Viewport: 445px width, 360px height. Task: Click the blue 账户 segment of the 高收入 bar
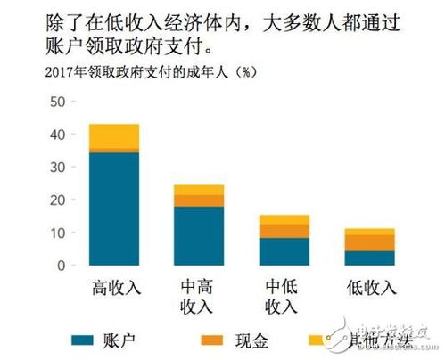coord(114,209)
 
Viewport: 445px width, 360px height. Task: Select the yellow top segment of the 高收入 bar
coord(114,135)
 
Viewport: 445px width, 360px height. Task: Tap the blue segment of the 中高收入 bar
coord(199,235)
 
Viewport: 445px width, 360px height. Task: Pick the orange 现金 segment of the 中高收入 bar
coord(199,200)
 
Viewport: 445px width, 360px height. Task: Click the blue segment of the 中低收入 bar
coord(284,251)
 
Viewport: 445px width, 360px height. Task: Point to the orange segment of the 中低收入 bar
coord(284,231)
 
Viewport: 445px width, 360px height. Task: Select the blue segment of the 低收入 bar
coord(369,258)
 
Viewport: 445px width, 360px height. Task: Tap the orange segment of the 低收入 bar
coord(369,242)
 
